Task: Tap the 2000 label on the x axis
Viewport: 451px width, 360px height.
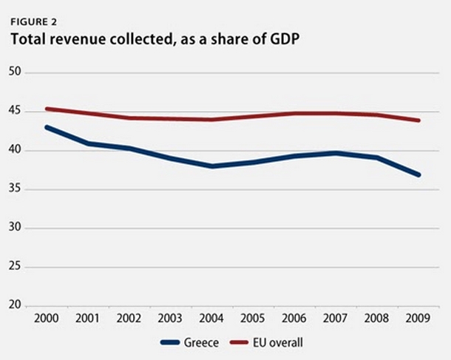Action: [x=46, y=321]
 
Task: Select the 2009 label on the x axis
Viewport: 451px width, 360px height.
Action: [x=419, y=321]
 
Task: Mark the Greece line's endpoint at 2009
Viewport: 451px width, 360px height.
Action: [x=419, y=175]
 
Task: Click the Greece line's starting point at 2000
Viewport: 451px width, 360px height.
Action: [x=46, y=127]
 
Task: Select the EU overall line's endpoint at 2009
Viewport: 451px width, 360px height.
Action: [x=419, y=120]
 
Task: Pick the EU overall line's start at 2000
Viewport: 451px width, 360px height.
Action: [x=46, y=109]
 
